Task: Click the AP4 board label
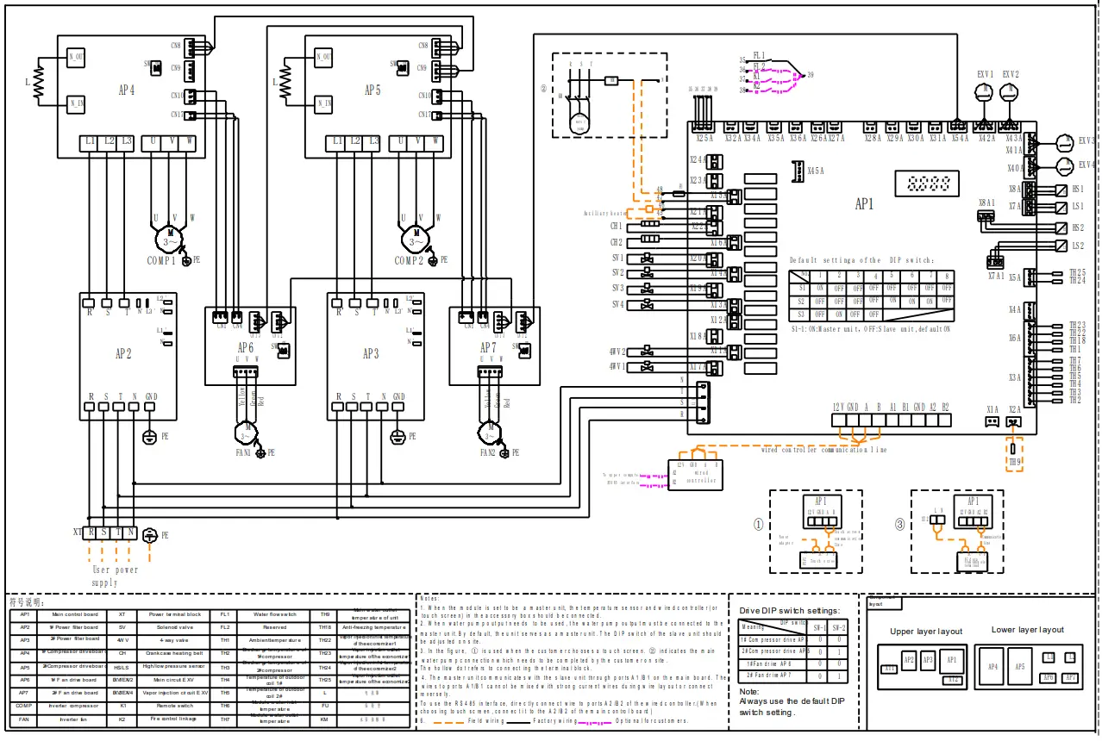point(127,90)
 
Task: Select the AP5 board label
point(373,90)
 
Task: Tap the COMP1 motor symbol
point(171,234)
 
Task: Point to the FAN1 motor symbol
point(247,428)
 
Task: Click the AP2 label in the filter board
point(123,353)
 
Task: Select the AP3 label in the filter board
point(370,353)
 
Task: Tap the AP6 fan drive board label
point(245,348)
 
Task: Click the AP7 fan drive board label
point(488,348)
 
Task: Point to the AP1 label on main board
point(864,205)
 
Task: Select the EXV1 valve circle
point(985,97)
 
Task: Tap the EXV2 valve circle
point(1010,97)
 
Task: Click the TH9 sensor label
point(1015,461)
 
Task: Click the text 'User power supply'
point(116,576)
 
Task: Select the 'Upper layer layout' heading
point(925,632)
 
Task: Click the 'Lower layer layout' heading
point(1027,630)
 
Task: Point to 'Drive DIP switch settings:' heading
point(788,610)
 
